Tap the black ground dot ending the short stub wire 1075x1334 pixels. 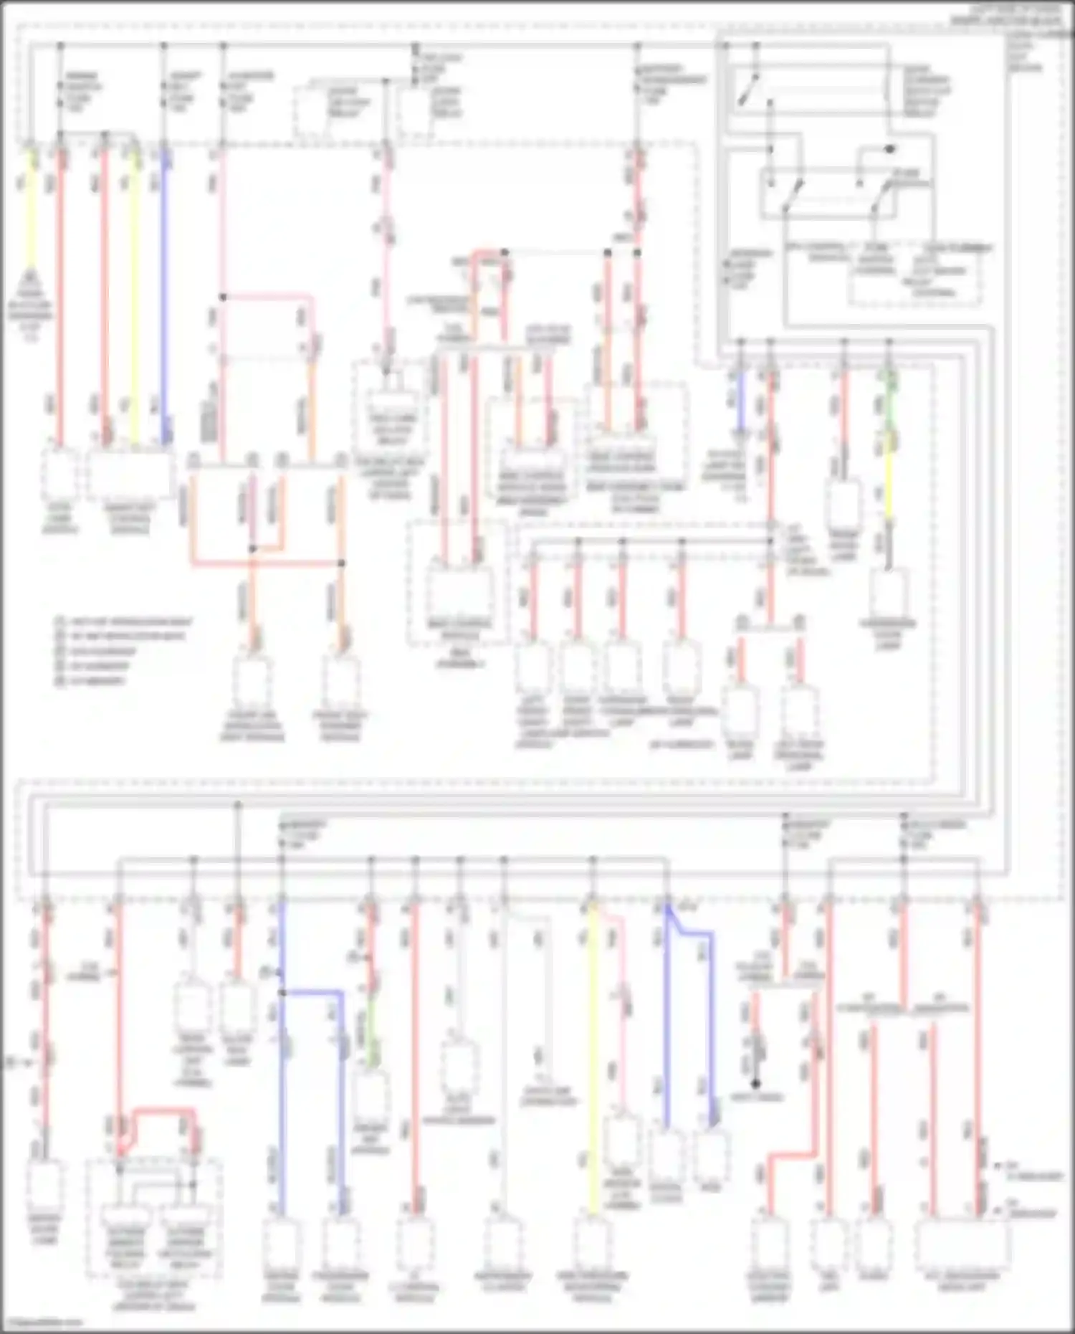pos(755,1084)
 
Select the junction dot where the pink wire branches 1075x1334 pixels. pos(223,296)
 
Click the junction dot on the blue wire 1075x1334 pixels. pos(282,993)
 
